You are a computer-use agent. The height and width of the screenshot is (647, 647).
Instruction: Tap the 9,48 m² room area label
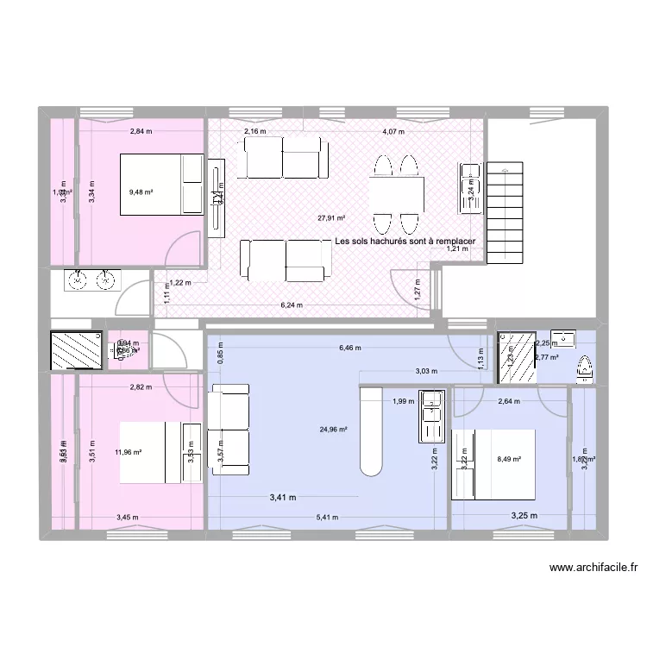[141, 193]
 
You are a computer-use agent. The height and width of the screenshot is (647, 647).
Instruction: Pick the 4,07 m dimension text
[394, 132]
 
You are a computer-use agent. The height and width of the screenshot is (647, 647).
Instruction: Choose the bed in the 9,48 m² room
[160, 183]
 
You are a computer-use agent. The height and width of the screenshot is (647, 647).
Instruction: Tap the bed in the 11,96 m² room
[160, 451]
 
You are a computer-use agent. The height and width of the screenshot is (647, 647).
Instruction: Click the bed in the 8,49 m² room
[494, 464]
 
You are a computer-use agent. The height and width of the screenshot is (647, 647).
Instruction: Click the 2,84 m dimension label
[141, 132]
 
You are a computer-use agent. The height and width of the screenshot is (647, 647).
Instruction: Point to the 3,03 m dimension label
[426, 372]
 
